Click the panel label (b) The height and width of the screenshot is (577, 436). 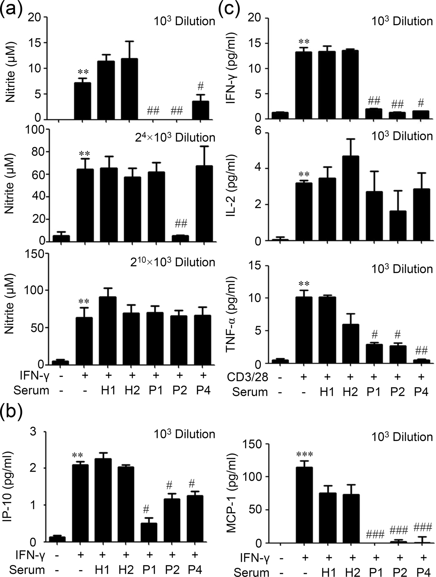click(x=12, y=413)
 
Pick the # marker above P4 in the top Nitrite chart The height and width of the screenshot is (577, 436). click(x=201, y=87)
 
